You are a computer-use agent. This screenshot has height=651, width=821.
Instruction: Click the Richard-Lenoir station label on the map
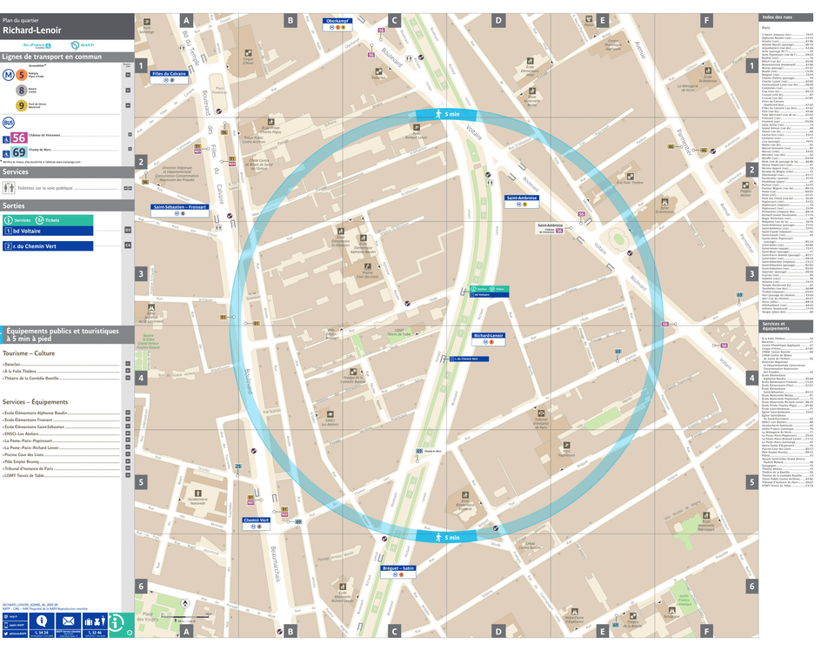(489, 335)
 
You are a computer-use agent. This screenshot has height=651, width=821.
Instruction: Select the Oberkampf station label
(337, 21)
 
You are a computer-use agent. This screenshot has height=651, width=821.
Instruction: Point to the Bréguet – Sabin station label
(398, 568)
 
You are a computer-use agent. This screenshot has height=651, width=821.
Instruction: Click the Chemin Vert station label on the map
(257, 520)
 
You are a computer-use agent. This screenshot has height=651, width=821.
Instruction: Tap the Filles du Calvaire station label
(170, 74)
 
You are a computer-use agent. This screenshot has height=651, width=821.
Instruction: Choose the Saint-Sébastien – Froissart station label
(179, 207)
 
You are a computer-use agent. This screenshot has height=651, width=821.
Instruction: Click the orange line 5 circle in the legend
(21, 76)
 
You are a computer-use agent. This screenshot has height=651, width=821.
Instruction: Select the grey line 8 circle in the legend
(21, 91)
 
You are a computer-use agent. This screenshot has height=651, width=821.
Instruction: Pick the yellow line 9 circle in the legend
(21, 106)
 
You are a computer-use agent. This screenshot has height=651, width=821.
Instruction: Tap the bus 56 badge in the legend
(19, 138)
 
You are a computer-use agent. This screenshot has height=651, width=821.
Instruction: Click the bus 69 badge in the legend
(19, 153)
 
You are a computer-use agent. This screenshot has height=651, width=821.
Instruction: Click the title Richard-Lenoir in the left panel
(31, 30)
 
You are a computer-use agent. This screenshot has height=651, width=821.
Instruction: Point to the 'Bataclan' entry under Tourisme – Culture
(13, 365)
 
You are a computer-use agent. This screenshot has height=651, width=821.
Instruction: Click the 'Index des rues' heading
(777, 18)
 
